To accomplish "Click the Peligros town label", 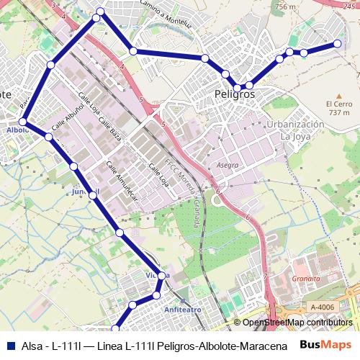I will click(x=235, y=94).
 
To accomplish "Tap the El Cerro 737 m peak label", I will click(x=338, y=107).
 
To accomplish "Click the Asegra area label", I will click(x=228, y=164).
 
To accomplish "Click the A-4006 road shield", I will click(x=324, y=307).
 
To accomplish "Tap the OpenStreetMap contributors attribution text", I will click(x=297, y=323).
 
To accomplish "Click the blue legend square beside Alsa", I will click(x=9, y=344).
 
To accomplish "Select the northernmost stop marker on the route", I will click(x=100, y=12).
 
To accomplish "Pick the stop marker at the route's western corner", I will click(x=23, y=122).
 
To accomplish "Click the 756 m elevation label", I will click(x=286, y=7).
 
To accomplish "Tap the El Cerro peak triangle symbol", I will click(x=338, y=94).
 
